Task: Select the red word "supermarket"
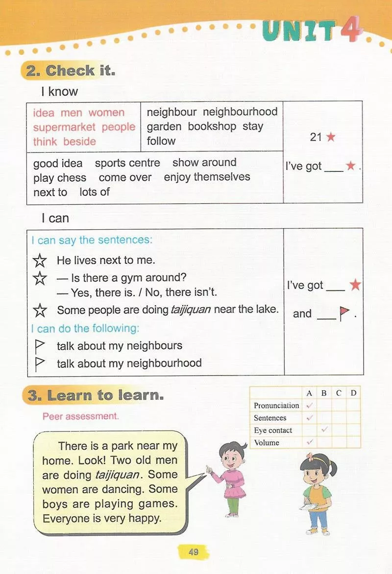click(64, 127)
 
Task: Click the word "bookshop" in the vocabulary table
click(212, 126)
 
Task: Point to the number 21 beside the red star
click(316, 137)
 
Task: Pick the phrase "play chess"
click(60, 178)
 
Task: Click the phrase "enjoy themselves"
click(207, 177)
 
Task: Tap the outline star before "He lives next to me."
click(40, 261)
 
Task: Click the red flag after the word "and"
click(344, 313)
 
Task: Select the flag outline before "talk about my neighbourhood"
click(40, 363)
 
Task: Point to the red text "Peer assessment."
click(80, 417)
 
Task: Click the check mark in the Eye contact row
click(324, 430)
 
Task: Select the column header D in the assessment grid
click(353, 393)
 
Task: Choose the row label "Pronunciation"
click(276, 406)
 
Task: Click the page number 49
click(194, 552)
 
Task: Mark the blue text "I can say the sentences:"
click(92, 240)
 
